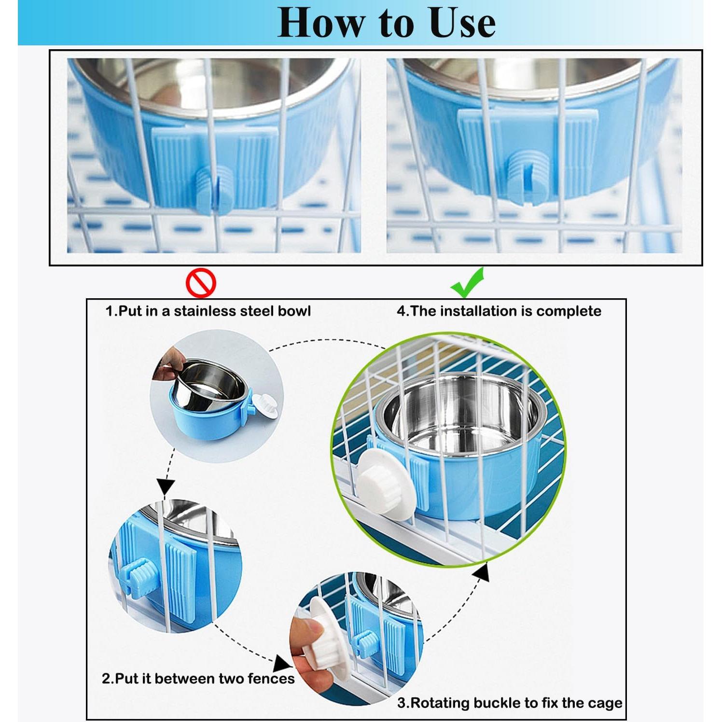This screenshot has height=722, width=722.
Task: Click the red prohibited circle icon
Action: click(x=201, y=283)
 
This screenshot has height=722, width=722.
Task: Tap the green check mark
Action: click(x=467, y=283)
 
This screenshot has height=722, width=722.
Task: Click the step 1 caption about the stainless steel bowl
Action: click(x=208, y=311)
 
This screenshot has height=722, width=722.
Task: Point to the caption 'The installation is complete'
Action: click(x=499, y=311)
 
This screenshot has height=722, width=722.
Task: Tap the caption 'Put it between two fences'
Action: click(x=198, y=679)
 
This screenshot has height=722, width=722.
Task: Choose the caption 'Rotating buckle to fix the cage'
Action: click(x=510, y=703)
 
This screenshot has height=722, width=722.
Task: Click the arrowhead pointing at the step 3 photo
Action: click(x=284, y=664)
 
